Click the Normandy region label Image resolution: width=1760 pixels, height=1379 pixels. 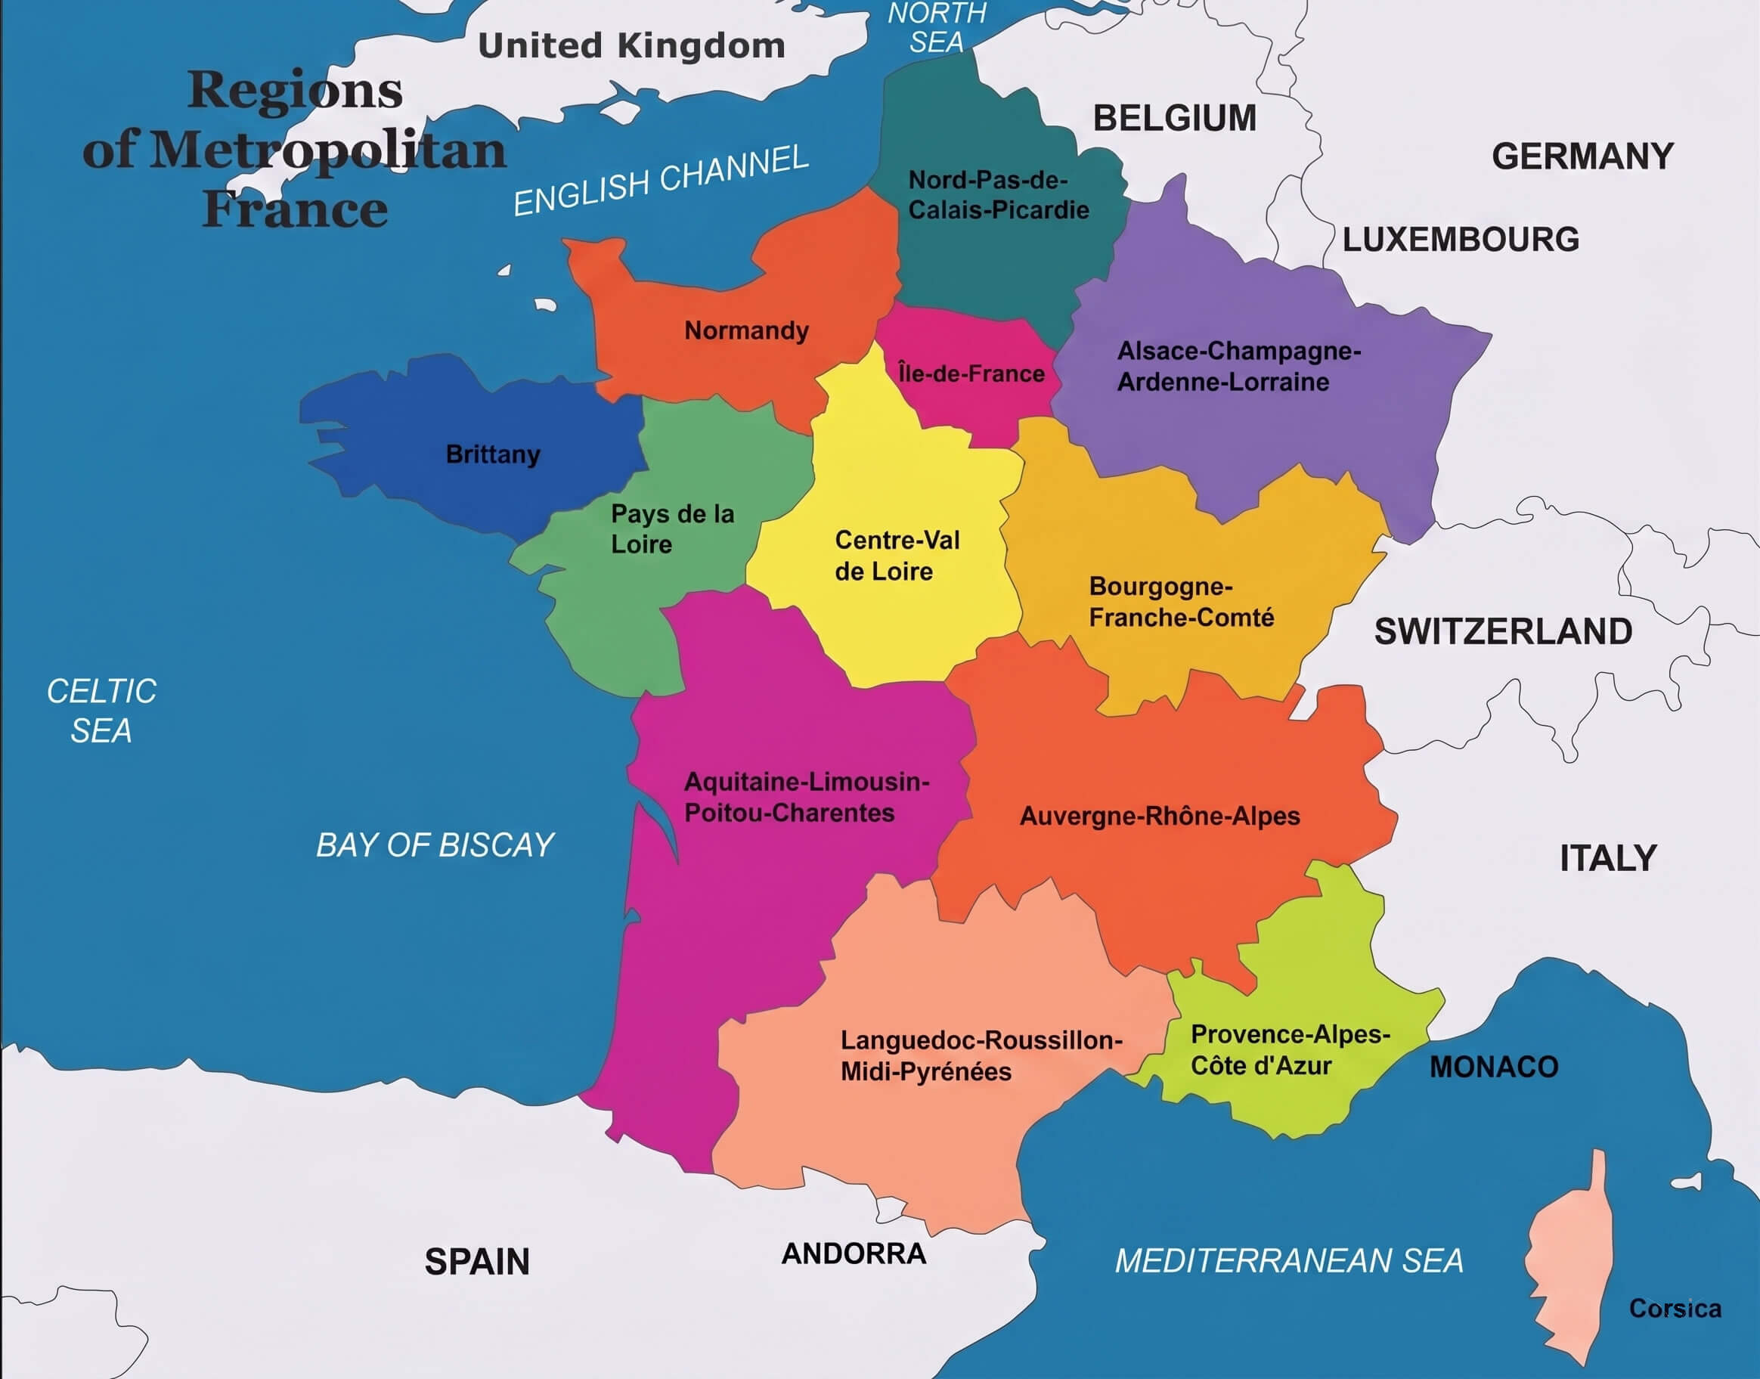[746, 330]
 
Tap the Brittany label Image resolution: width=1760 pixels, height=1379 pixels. [492, 454]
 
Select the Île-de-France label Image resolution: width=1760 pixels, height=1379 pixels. [971, 373]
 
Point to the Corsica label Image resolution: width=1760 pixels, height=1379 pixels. [1675, 1308]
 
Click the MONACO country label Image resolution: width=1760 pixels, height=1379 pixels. [1494, 1068]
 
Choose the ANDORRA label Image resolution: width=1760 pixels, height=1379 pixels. [854, 1253]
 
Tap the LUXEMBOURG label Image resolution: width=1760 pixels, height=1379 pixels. [1461, 240]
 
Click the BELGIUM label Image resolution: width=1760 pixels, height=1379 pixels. [1174, 119]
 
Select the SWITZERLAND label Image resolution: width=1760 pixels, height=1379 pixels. [1502, 631]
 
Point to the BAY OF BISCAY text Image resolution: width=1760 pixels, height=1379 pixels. [435, 845]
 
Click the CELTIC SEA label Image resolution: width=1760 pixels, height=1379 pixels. [101, 711]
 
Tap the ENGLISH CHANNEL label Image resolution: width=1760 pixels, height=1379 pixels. [661, 179]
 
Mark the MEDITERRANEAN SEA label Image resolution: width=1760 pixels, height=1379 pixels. [1288, 1261]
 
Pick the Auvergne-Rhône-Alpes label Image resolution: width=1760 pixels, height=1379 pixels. [1159, 817]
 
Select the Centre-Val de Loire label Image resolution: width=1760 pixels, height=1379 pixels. [896, 556]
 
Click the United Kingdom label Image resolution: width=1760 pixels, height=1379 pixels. [631, 46]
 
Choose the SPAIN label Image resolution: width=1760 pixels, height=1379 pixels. [477, 1262]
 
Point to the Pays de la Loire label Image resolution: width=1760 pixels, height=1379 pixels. [671, 528]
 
